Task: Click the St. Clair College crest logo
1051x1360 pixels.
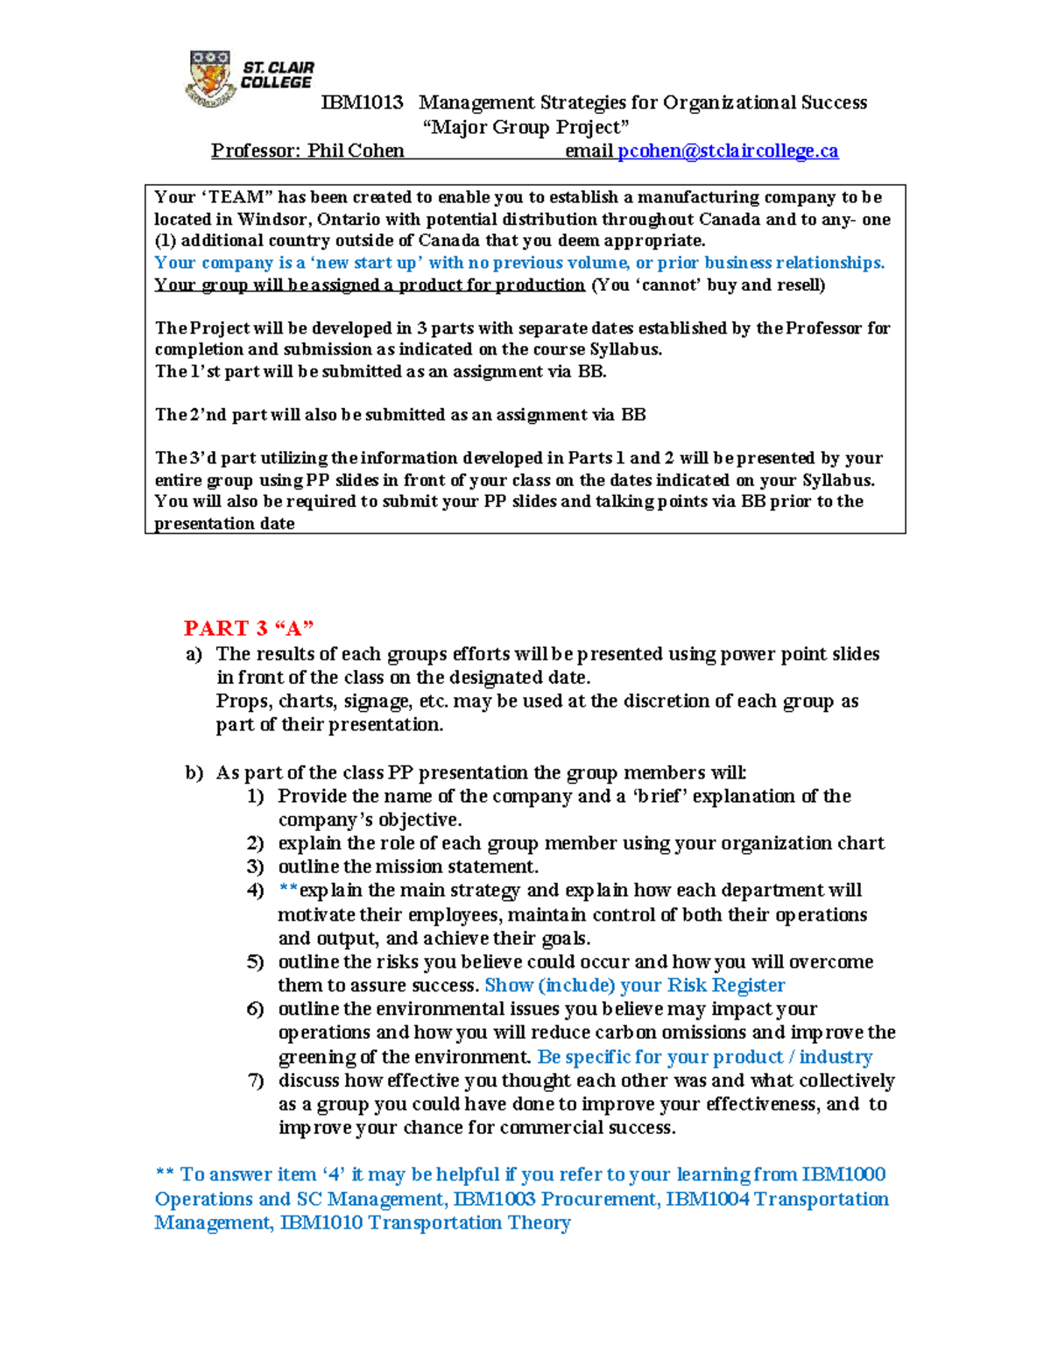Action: coord(210,79)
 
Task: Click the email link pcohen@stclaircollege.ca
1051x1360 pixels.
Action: coord(728,152)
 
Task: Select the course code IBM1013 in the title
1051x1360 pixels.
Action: coord(362,103)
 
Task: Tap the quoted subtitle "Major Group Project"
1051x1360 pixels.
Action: coord(525,127)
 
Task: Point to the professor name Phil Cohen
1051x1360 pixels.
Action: coord(356,152)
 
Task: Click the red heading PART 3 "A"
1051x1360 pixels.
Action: coord(249,628)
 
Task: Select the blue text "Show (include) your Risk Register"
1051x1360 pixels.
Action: coord(634,985)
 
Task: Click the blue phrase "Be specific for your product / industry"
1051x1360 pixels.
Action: coord(704,1057)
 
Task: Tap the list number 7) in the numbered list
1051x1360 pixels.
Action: coord(256,1081)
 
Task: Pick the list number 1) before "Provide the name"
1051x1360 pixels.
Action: coord(256,796)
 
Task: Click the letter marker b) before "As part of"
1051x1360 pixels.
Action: coord(194,772)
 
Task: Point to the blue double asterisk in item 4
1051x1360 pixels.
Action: coord(288,890)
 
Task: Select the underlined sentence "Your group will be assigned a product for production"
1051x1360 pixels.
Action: coord(370,285)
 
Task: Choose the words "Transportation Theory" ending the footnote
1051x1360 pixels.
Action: coord(469,1223)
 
